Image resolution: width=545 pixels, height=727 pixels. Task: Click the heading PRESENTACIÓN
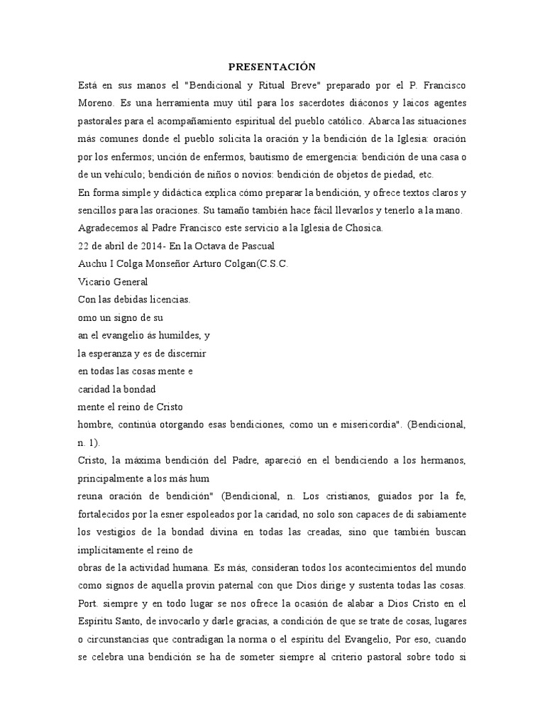coord(271,67)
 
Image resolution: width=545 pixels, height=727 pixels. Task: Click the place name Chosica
coord(362,229)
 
